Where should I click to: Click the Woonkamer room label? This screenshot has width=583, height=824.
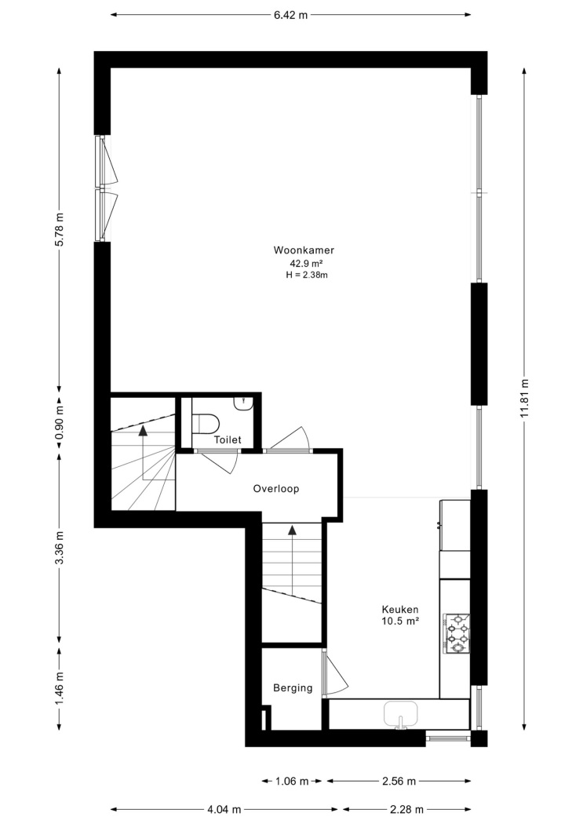[x=304, y=250]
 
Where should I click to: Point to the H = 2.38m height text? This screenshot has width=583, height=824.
[x=307, y=275]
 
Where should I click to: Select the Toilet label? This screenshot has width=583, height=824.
[x=228, y=439]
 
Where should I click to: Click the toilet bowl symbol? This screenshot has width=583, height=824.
[x=206, y=424]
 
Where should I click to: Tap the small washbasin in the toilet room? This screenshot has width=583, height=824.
[x=245, y=403]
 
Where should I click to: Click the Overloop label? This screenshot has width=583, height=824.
[x=276, y=489]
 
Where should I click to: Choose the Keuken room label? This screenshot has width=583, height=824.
[x=400, y=610]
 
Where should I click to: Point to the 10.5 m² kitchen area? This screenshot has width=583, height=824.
[x=400, y=622]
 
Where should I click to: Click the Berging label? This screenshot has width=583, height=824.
[x=293, y=688]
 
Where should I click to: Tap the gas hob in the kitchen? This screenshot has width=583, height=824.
[x=457, y=633]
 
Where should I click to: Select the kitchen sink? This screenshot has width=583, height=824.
[x=401, y=714]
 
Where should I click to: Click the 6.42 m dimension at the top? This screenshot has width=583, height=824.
[x=290, y=15]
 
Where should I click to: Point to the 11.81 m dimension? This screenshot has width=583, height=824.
[x=524, y=399]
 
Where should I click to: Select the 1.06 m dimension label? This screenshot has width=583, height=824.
[x=292, y=782]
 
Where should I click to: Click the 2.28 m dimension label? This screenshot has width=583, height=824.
[x=406, y=809]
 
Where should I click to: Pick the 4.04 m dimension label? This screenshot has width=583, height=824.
[x=224, y=809]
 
